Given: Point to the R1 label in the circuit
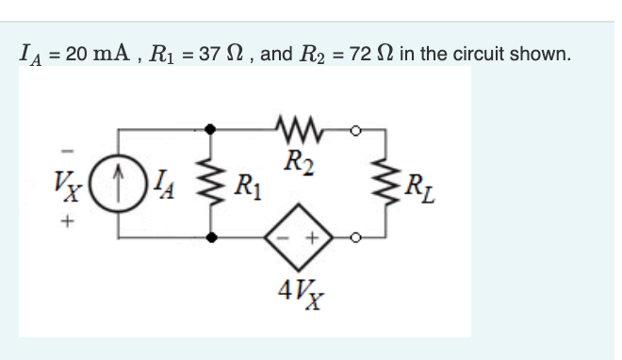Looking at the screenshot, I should tap(247, 183).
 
